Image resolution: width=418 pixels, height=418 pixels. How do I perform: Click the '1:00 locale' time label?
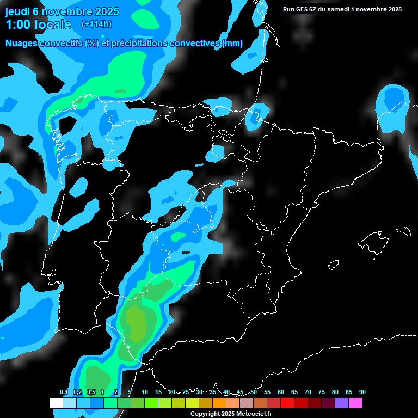(x=38, y=24)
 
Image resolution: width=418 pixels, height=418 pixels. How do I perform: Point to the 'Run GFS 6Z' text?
(x=304, y=9)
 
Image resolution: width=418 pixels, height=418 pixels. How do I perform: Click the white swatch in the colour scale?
(x=56, y=403)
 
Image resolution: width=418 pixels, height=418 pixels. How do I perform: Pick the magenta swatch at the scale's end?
(x=355, y=403)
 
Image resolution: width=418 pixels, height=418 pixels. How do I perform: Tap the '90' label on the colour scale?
(x=362, y=392)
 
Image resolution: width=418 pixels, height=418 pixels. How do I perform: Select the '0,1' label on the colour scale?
(x=64, y=392)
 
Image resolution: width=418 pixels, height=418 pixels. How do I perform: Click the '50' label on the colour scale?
(x=254, y=392)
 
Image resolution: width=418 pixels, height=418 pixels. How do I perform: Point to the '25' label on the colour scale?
(x=186, y=392)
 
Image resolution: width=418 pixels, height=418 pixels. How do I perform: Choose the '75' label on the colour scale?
(x=322, y=392)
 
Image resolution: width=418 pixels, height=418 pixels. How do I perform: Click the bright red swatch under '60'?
(x=287, y=403)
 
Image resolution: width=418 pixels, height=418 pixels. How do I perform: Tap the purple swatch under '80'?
(x=341, y=403)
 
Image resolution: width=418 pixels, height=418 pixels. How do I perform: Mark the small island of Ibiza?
(x=334, y=265)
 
